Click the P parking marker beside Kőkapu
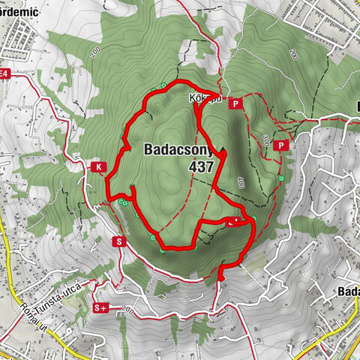tap(235, 104)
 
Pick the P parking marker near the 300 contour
tap(282, 145)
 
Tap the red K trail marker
tap(97, 167)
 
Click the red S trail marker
tap(118, 241)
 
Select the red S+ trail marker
tap(101, 307)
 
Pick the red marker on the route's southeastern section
tap(232, 221)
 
